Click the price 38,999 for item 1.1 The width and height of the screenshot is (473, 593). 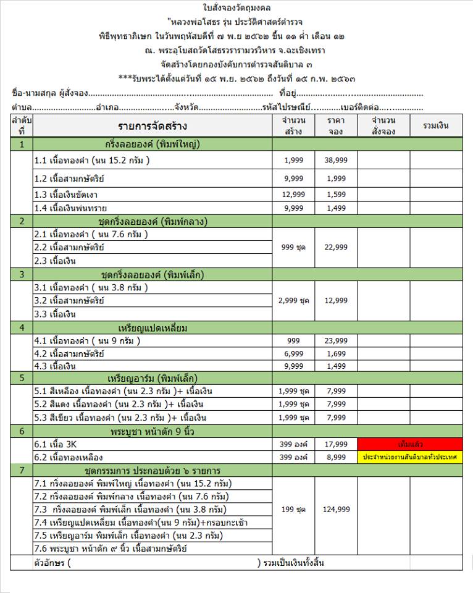[336, 161]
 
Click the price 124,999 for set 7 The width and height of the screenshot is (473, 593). [336, 510]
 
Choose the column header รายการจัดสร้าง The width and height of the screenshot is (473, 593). [153, 127]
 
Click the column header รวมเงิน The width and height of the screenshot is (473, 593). [435, 126]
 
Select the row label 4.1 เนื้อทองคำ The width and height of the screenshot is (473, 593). [88, 340]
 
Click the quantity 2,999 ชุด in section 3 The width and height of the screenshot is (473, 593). [293, 300]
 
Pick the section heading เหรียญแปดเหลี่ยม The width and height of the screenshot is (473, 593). [153, 327]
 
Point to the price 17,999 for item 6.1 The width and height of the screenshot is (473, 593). [336, 444]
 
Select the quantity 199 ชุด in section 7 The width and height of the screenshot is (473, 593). [293, 510]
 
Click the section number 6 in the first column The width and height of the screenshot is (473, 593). [22, 431]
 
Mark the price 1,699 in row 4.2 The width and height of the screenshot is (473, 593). [336, 354]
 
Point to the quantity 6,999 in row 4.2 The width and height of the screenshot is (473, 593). [293, 354]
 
